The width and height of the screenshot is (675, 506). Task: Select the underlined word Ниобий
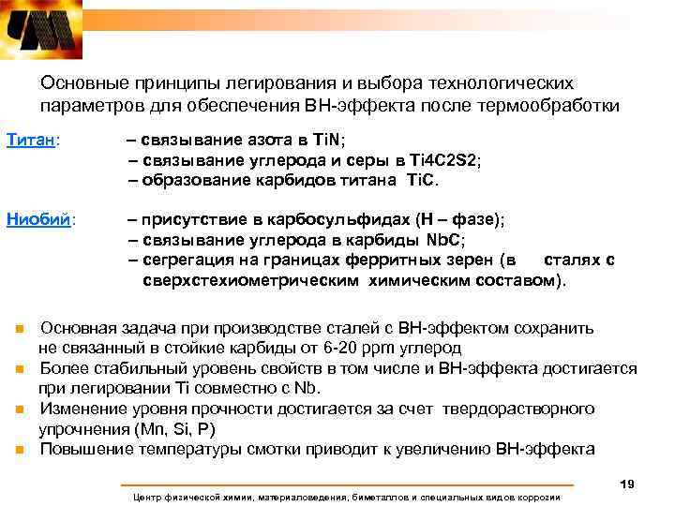point(38,220)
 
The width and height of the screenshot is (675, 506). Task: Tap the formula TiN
point(327,141)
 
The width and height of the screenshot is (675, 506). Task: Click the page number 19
point(628,484)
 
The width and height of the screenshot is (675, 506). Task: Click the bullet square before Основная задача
point(18,330)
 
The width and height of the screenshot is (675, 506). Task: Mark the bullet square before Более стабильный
point(18,370)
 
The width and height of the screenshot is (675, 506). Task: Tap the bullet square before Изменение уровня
point(18,410)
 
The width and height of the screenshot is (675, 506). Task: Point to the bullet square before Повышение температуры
point(18,450)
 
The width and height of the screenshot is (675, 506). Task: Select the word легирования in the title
point(262,84)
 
